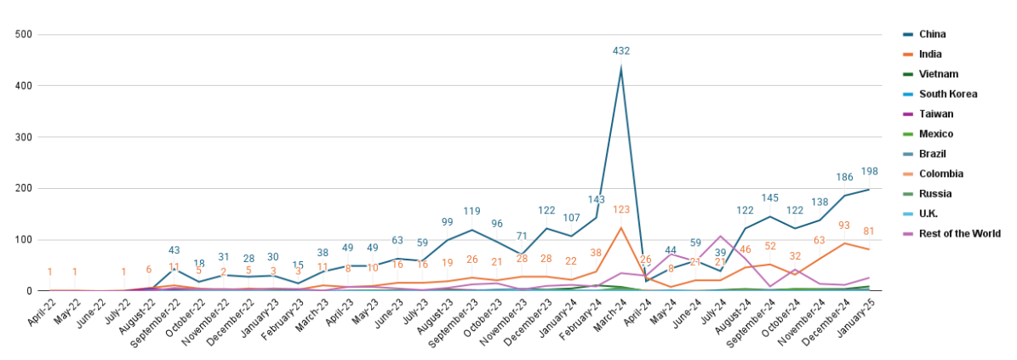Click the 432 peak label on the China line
click(x=621, y=51)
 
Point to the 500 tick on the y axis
click(x=24, y=35)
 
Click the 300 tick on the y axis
click(x=24, y=137)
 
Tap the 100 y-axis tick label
click(x=24, y=240)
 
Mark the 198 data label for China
click(x=869, y=172)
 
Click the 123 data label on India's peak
click(x=621, y=209)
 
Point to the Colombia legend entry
click(x=940, y=174)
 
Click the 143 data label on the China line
click(x=597, y=200)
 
